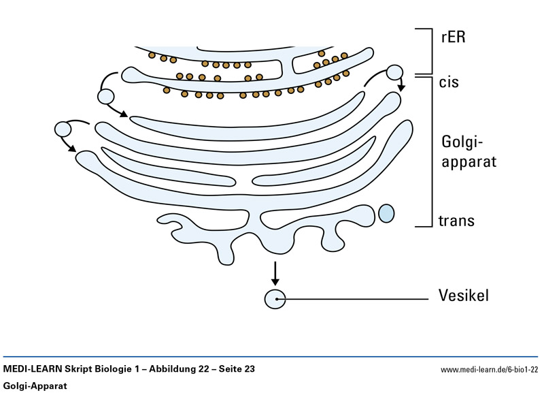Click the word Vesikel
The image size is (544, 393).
click(465, 296)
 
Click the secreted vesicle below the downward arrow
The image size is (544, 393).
click(275, 298)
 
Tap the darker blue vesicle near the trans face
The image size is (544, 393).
click(386, 213)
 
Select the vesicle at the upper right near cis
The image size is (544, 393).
click(395, 73)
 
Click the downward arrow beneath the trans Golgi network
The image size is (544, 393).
click(275, 272)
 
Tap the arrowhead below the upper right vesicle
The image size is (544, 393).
click(401, 88)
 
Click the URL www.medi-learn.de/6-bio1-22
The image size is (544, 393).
click(490, 369)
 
